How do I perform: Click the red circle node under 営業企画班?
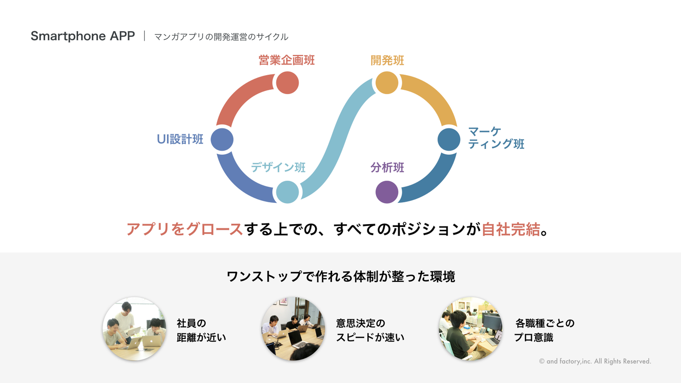pyautogui.click(x=288, y=83)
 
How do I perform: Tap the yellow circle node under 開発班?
pyautogui.click(x=387, y=83)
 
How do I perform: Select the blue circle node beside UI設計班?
pyautogui.click(x=222, y=139)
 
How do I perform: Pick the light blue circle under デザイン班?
pyautogui.click(x=288, y=192)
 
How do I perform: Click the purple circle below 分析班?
pyautogui.click(x=387, y=192)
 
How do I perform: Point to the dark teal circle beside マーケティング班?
pyautogui.click(x=449, y=139)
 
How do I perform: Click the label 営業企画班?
pyautogui.click(x=287, y=60)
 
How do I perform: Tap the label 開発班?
pyautogui.click(x=387, y=61)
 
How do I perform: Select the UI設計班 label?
pyautogui.click(x=180, y=139)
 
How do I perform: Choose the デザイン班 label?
pyautogui.click(x=278, y=167)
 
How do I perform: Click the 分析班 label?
pyautogui.click(x=387, y=167)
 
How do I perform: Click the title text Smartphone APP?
pyautogui.click(x=83, y=36)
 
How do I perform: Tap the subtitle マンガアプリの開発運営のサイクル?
pyautogui.click(x=221, y=37)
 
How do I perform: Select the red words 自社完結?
pyautogui.click(x=511, y=229)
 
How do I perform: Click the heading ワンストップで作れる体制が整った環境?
pyautogui.click(x=341, y=277)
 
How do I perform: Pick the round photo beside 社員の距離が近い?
pyautogui.click(x=134, y=329)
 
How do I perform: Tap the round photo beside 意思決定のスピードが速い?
pyautogui.click(x=293, y=329)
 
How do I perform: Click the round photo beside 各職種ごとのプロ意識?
pyautogui.click(x=471, y=329)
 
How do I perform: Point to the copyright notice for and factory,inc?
pyautogui.click(x=595, y=361)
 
